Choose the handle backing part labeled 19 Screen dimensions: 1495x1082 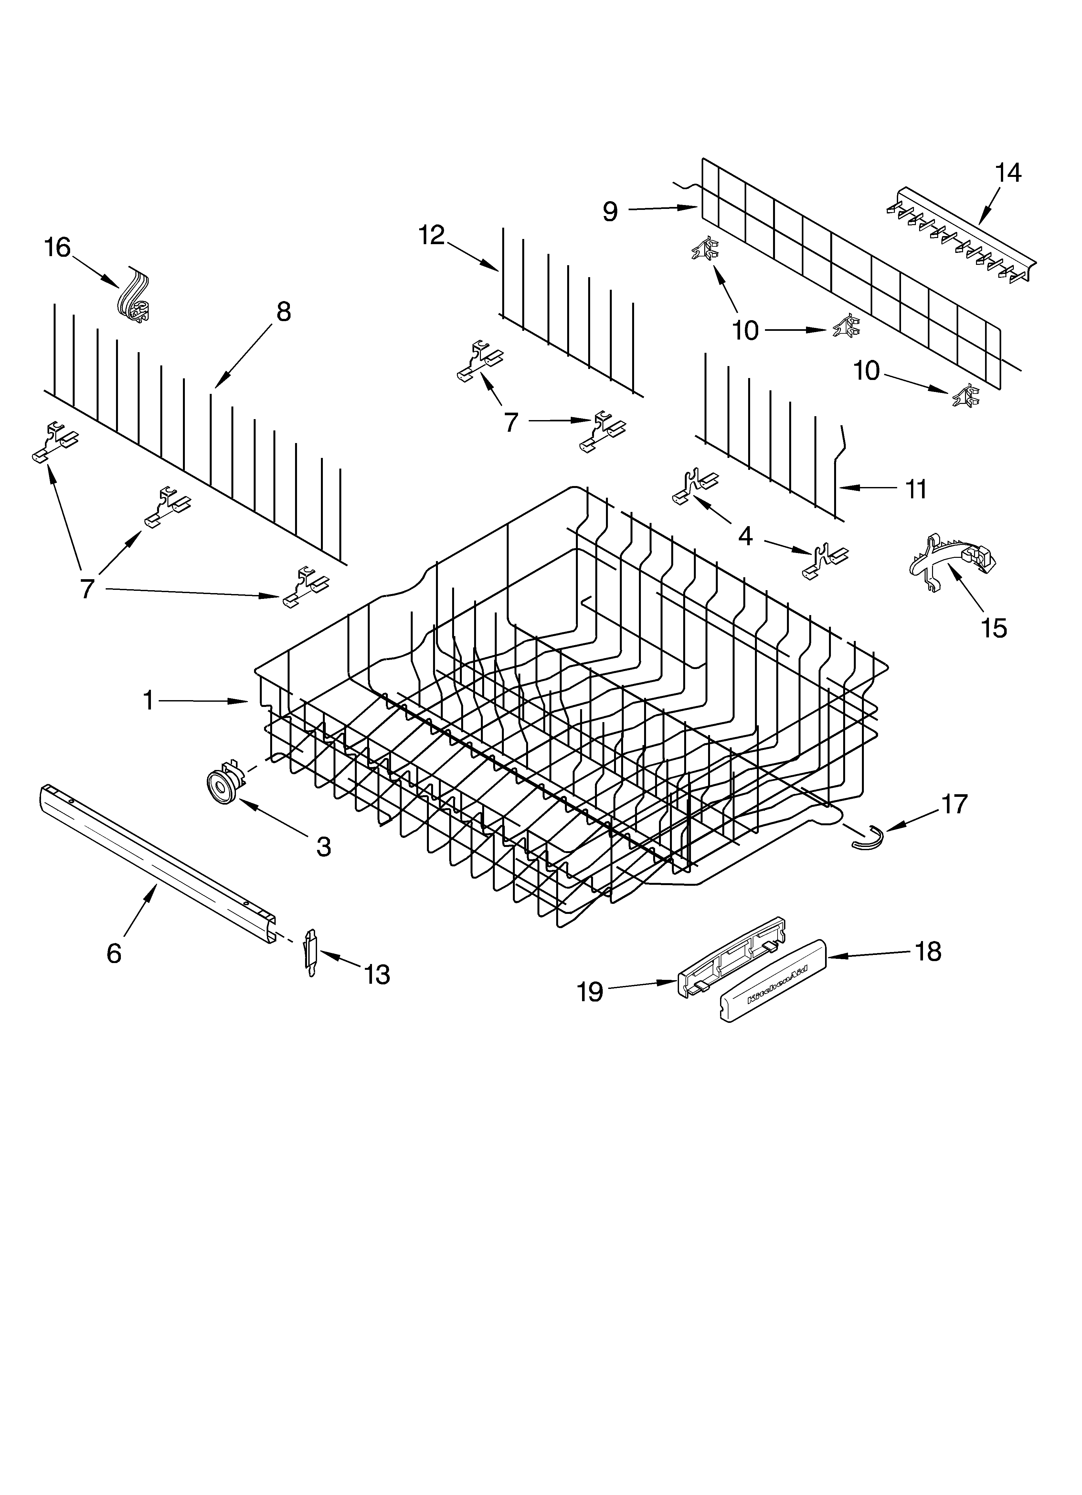point(731,951)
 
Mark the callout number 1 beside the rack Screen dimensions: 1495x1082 point(149,701)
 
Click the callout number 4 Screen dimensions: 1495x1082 point(745,536)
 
